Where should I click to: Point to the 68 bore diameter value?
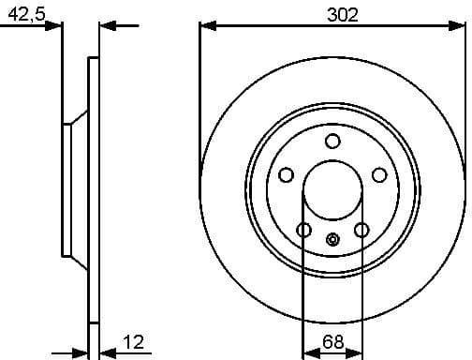[332, 344]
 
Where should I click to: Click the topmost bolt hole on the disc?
[332, 141]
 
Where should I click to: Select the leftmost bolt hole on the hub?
[287, 175]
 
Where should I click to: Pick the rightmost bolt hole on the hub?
[379, 175]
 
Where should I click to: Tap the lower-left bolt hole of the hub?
[303, 231]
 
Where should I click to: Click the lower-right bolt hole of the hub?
[361, 231]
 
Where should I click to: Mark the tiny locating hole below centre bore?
[332, 238]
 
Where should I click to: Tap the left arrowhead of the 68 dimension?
[308, 354]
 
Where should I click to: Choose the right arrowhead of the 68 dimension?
[357, 354]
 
